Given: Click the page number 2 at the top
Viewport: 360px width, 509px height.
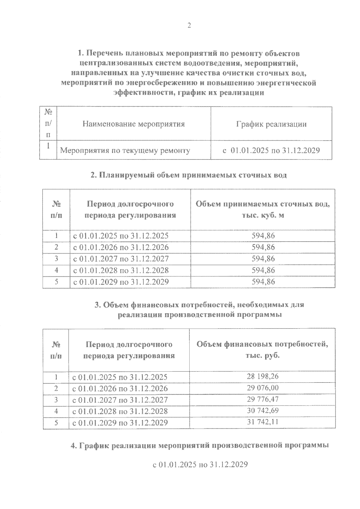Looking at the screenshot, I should click(189, 26).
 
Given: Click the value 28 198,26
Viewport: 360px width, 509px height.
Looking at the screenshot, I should click(262, 376).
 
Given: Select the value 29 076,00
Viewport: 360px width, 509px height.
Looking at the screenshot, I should click(262, 388).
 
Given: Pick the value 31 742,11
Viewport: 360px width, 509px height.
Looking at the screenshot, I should click(262, 422).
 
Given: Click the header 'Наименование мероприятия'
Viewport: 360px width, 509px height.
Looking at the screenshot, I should click(133, 124).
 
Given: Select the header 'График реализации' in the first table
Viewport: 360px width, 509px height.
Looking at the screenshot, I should click(271, 124).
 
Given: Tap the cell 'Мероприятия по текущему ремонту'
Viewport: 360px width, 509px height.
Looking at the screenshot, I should click(125, 150).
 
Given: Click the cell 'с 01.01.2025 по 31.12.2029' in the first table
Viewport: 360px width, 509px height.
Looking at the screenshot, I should click(271, 150).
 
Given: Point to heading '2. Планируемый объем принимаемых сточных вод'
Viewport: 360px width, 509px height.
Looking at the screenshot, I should click(189, 175).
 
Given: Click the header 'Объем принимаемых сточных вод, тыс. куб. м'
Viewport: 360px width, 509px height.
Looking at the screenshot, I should click(263, 210).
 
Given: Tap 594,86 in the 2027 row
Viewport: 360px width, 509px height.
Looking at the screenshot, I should click(263, 258).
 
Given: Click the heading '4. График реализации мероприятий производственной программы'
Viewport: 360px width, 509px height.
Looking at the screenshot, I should click(200, 445).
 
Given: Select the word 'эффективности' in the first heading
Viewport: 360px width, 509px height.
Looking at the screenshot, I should click(143, 93).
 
